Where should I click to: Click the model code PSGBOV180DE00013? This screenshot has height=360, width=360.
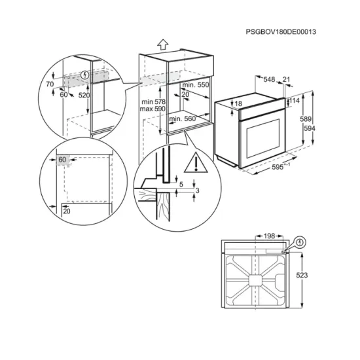(285, 32)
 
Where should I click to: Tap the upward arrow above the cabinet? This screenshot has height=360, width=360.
(162, 44)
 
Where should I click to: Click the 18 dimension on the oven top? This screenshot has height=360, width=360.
(238, 103)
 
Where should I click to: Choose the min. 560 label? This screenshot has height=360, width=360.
(183, 119)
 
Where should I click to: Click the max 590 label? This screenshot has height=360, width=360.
(152, 109)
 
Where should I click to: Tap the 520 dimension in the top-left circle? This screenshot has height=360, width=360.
(84, 96)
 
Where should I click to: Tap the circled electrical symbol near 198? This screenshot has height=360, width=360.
(299, 242)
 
